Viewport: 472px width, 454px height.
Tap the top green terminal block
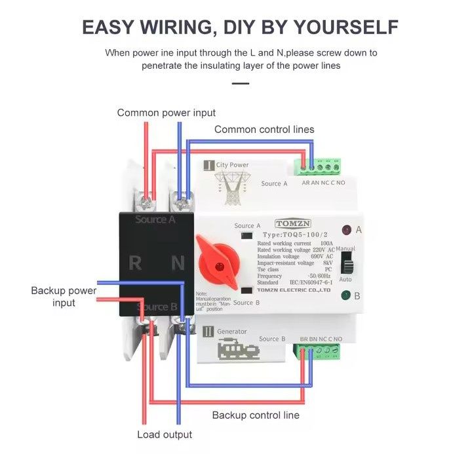(x=321, y=167)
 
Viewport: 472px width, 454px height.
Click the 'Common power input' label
(x=167, y=113)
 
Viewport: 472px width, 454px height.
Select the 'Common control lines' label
(x=264, y=129)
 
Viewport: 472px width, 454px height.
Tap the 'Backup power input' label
(x=64, y=296)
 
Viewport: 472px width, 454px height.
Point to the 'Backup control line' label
(x=256, y=415)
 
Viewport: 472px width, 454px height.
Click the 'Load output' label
(x=165, y=434)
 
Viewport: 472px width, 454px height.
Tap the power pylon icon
(x=233, y=187)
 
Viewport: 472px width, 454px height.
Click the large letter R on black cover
(x=135, y=263)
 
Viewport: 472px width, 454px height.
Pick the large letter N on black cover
(x=178, y=263)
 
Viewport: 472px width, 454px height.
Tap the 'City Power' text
(x=232, y=165)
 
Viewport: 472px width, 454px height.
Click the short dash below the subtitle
(x=241, y=83)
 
